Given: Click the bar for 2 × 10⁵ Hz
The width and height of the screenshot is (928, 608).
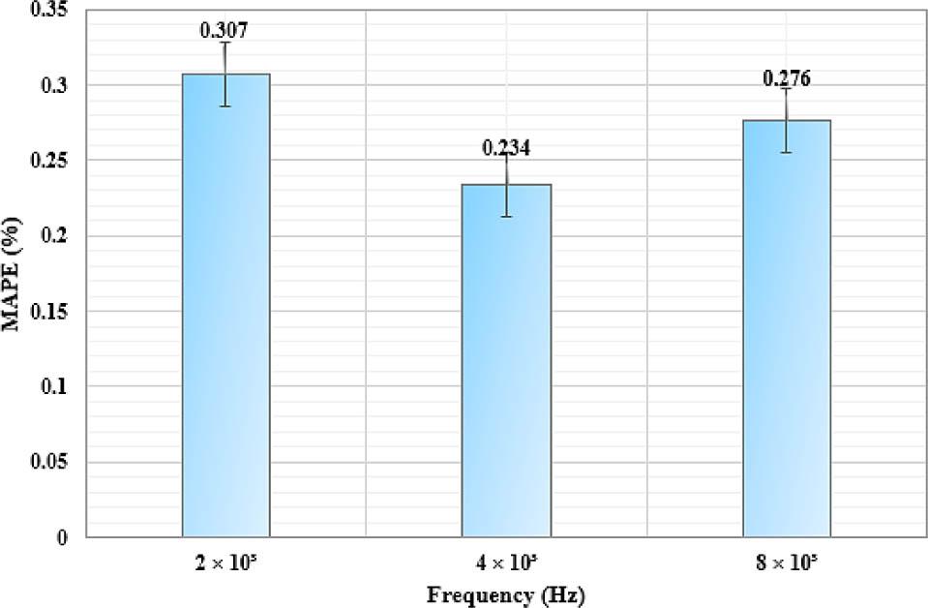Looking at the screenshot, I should pos(225,310).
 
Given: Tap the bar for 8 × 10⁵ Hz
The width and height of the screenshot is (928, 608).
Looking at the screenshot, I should pos(787,329).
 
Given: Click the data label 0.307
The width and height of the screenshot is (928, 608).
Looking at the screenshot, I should pos(225,30).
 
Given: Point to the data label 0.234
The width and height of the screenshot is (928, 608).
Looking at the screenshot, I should pos(506,148).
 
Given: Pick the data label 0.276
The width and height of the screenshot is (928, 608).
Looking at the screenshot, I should pos(786,78).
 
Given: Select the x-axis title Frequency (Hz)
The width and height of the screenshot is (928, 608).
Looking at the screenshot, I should pos(506,593).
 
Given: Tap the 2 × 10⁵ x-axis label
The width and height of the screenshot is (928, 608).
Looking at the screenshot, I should pos(225,562).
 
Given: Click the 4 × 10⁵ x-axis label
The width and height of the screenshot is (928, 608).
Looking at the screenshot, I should pos(505,562).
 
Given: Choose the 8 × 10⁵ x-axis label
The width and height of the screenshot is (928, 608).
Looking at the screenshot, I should pos(786,562).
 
